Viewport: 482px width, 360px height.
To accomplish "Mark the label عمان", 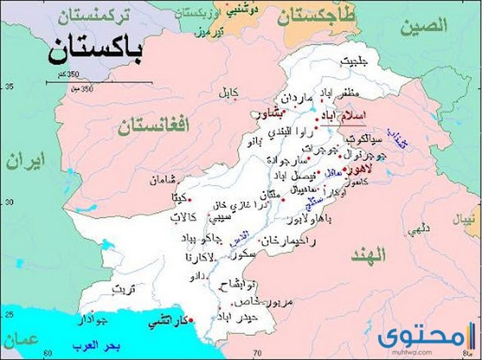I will pyautogui.click(x=21, y=339).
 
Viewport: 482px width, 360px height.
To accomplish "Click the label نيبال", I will pyautogui.click(x=465, y=221).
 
